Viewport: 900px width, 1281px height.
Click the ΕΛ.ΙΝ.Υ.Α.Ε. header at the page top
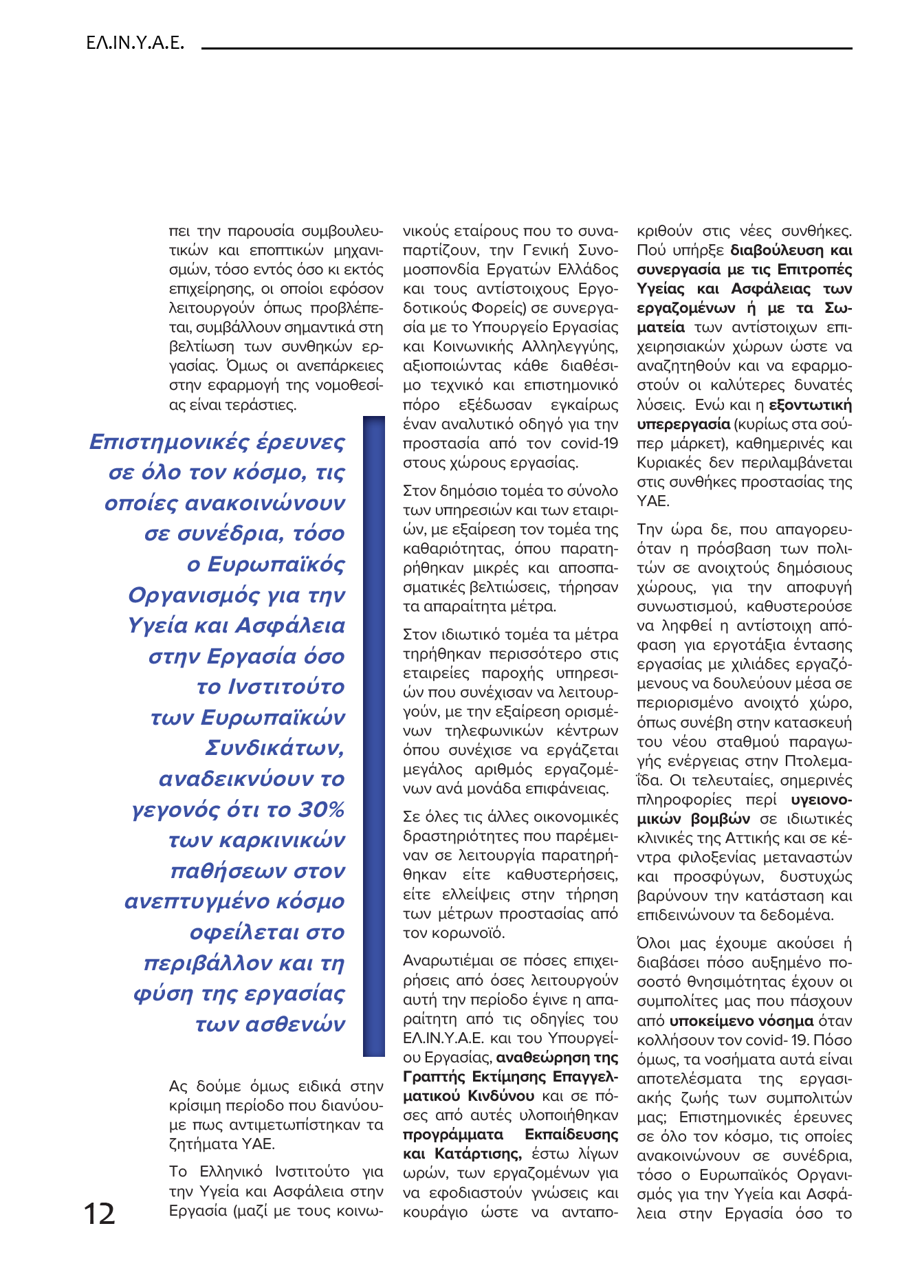[x=135, y=43]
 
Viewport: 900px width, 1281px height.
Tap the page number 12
[x=99, y=1214]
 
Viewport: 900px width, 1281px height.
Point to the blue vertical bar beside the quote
[x=373, y=735]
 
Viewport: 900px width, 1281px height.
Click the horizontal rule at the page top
[x=526, y=48]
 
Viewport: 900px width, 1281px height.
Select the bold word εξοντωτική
[x=810, y=404]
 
